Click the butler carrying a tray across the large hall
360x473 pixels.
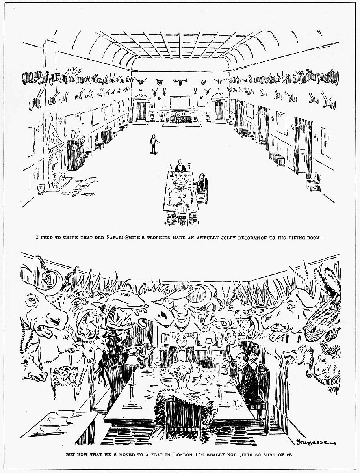[x=153, y=144]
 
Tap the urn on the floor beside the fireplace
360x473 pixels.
[x=41, y=189]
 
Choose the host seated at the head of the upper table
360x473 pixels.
[x=180, y=166]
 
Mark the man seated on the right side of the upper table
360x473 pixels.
[x=200, y=184]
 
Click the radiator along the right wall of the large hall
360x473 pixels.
[x=277, y=158]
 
